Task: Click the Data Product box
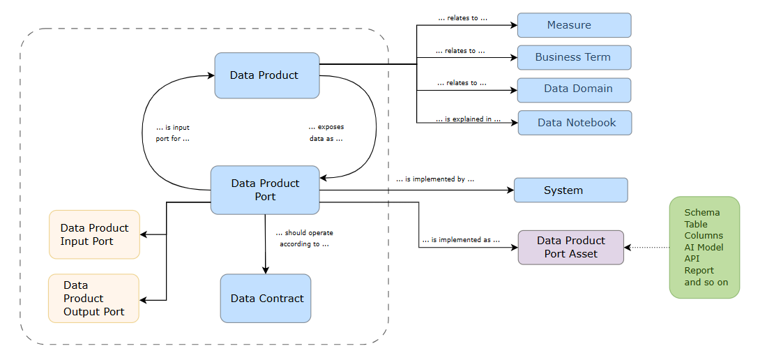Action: coord(266,75)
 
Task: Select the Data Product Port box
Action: coord(265,190)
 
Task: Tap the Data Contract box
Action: coord(266,299)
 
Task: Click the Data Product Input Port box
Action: coord(94,234)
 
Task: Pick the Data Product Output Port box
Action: coord(93,299)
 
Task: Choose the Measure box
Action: coord(574,25)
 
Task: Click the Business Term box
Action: coord(574,57)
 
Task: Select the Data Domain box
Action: coord(574,89)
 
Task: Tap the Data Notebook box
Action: coord(575,123)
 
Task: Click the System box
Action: coord(570,190)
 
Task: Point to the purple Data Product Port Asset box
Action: coord(570,248)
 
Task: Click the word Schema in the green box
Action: coord(701,212)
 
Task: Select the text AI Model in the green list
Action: coord(704,247)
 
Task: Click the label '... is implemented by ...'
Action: coord(435,179)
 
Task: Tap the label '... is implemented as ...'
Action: coord(461,240)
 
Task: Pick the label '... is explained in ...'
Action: coord(468,119)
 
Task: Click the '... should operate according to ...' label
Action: coord(304,239)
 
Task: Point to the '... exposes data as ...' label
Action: coord(326,133)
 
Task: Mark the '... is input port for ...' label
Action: coord(172,133)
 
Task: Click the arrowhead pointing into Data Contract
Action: coord(266,270)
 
